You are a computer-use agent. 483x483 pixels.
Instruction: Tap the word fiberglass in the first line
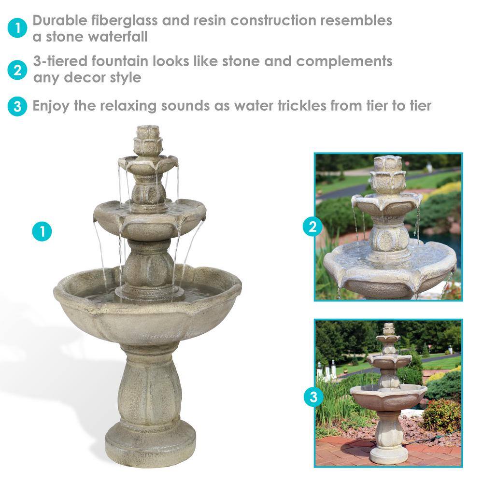click(125, 21)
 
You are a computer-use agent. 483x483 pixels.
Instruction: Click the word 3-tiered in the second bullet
click(60, 61)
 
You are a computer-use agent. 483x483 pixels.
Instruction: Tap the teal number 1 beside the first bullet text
click(17, 28)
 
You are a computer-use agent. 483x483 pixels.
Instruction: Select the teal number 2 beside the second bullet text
click(17, 70)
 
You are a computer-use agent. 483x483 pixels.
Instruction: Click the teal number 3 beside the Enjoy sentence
click(17, 106)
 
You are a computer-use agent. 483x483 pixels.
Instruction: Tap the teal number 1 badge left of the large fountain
click(42, 231)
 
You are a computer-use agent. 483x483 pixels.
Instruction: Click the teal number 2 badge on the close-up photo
click(313, 227)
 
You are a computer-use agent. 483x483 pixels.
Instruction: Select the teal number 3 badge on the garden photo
click(313, 397)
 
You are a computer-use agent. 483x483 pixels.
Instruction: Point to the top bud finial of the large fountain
click(148, 141)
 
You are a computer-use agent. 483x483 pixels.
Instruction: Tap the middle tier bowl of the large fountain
click(150, 218)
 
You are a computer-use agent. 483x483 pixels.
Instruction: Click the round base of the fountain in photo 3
click(389, 455)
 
